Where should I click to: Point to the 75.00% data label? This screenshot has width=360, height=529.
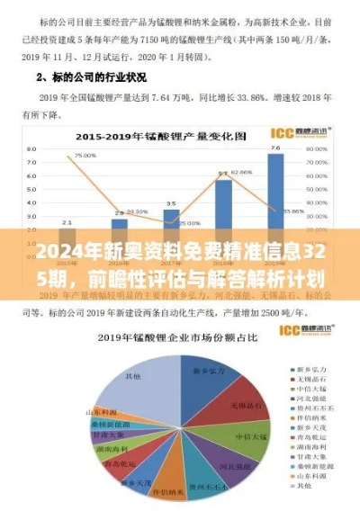click(x=85, y=155)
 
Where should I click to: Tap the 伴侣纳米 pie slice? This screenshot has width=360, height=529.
click(x=166, y=490)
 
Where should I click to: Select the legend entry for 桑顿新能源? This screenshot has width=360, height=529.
click(x=310, y=465)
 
